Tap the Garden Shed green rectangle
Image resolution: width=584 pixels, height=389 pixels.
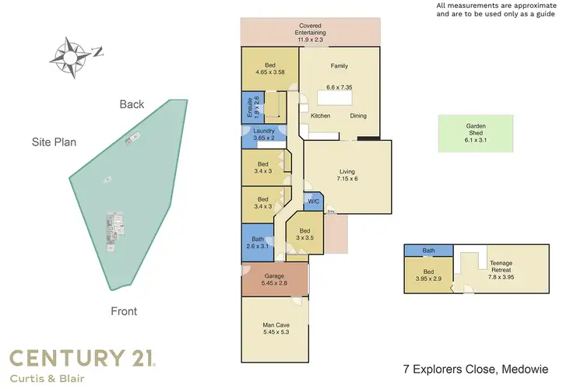[476, 134]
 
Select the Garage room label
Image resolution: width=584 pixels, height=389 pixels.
[273, 279]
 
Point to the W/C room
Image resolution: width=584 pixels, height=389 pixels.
[313, 202]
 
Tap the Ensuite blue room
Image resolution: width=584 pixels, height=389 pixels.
[249, 107]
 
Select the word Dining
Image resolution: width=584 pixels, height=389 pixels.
[358, 116]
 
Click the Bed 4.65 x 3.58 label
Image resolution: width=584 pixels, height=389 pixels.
[269, 69]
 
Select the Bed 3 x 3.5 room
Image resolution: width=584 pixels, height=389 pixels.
[305, 234]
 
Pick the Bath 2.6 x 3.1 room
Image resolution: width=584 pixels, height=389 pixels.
[257, 242]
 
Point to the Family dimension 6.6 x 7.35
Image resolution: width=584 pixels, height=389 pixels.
[339, 89]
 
